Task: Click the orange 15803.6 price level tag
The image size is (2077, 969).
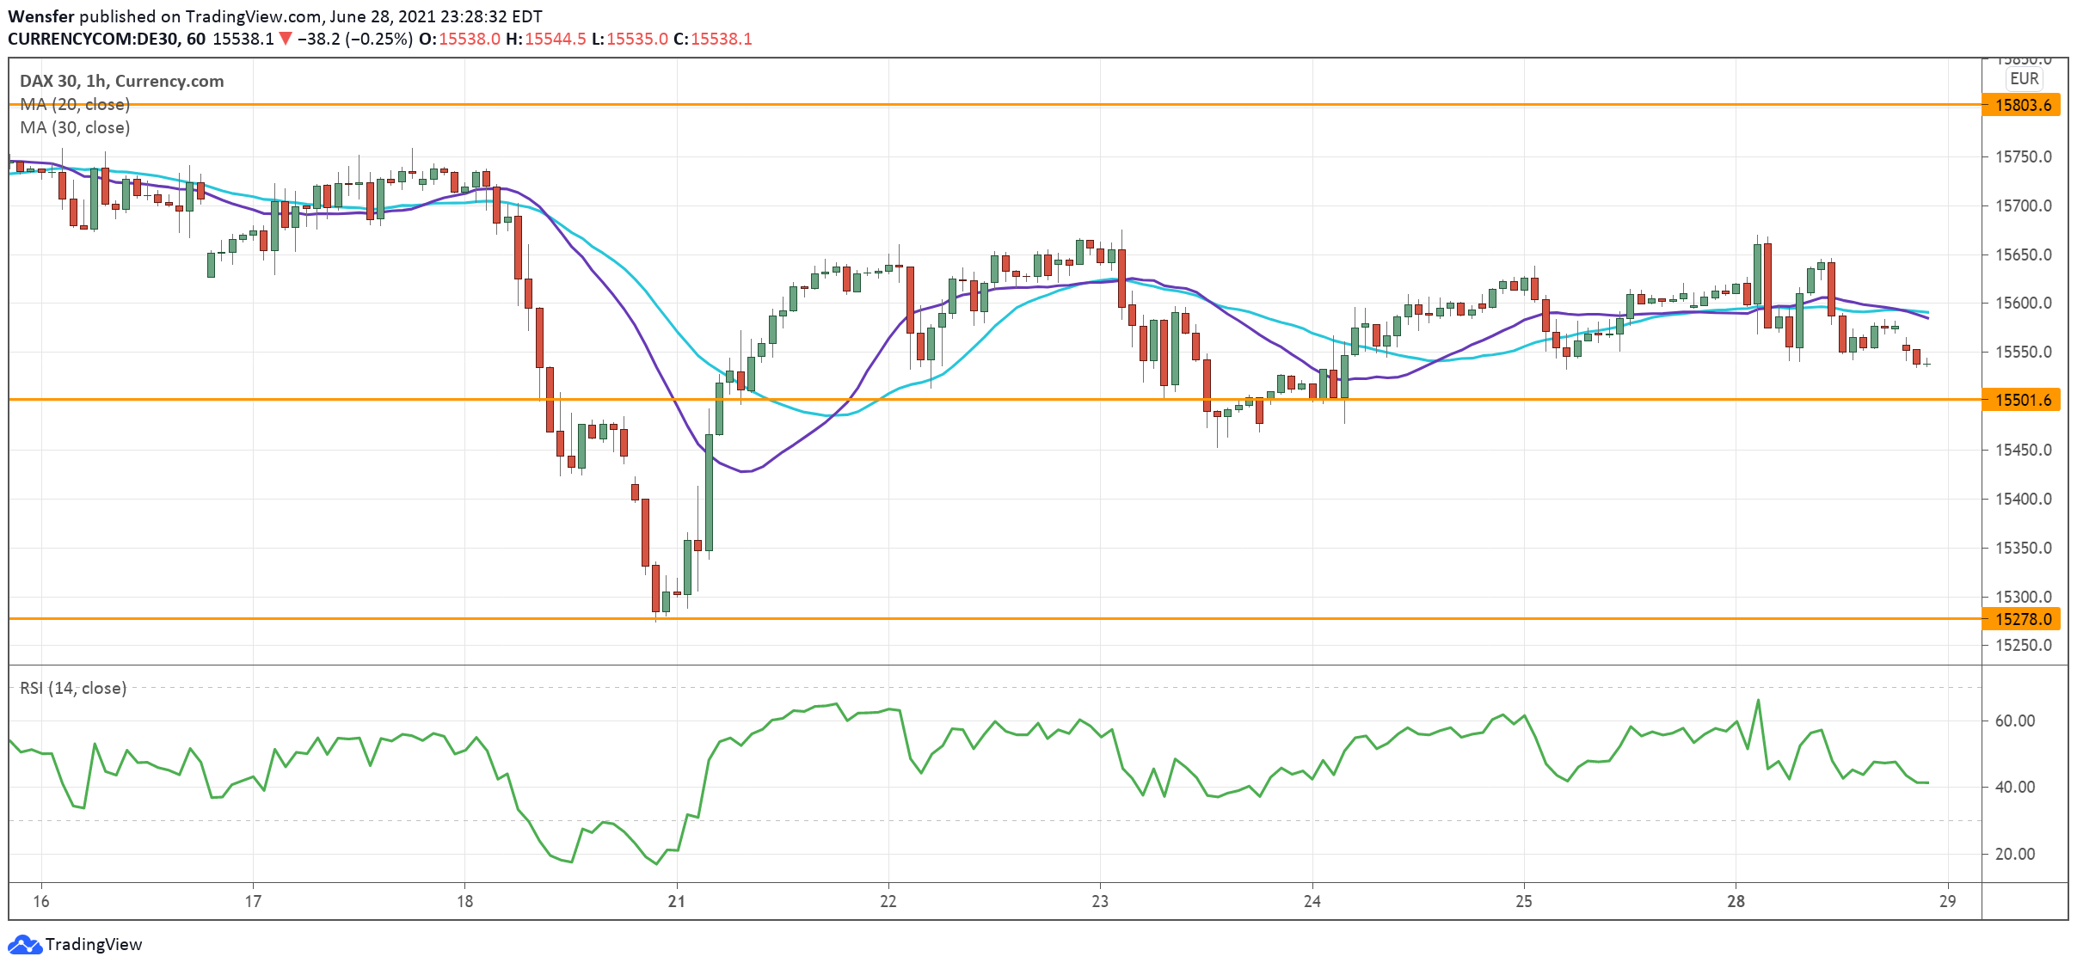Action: tap(2022, 105)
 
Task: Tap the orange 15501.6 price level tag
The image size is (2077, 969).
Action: tap(2022, 400)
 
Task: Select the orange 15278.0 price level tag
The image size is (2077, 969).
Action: tap(2022, 619)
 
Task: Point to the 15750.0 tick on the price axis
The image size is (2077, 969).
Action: tap(2023, 156)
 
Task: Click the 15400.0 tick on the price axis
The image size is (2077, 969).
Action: tap(2023, 499)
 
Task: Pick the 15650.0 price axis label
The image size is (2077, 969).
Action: tap(2023, 255)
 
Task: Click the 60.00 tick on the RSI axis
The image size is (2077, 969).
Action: tap(2015, 721)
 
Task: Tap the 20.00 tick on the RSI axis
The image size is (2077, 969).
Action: tap(2015, 854)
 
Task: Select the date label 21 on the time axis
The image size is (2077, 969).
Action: tap(677, 901)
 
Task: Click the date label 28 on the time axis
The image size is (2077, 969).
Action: tap(1736, 901)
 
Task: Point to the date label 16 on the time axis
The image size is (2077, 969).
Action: tap(41, 901)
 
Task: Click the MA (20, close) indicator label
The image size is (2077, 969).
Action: tap(75, 104)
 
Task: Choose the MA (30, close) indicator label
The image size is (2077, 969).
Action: tap(75, 127)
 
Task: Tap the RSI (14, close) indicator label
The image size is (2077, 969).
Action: tap(73, 688)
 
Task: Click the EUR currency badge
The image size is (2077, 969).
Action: tap(2024, 78)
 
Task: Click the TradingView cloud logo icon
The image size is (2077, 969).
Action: tap(24, 944)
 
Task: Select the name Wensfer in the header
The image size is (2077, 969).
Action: tap(41, 16)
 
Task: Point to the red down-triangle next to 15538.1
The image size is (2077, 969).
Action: tap(286, 39)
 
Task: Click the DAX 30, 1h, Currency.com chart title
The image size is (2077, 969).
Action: tap(121, 81)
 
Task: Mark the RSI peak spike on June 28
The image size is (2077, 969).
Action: tap(1759, 701)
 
